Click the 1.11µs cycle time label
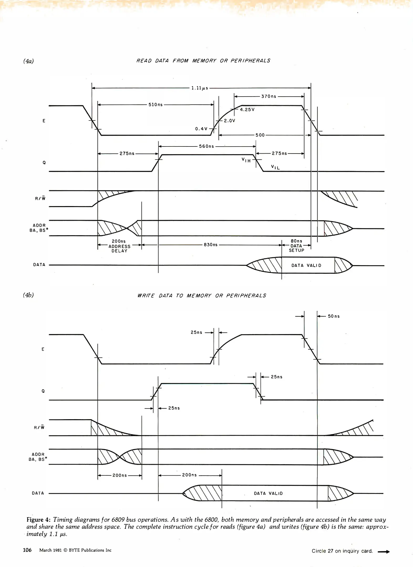200,88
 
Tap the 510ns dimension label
156,105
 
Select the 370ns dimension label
269,96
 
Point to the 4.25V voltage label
247,110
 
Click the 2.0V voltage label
229,121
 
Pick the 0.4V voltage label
201,129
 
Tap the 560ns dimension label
206,146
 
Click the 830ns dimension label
211,245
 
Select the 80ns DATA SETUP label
296,246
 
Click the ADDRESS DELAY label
120,248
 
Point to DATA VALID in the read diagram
306,265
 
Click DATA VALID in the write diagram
268,493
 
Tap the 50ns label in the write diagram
334,316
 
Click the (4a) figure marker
28,61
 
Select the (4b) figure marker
28,295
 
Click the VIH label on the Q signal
246,160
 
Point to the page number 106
27,550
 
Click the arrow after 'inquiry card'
383,552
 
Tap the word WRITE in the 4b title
146,296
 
